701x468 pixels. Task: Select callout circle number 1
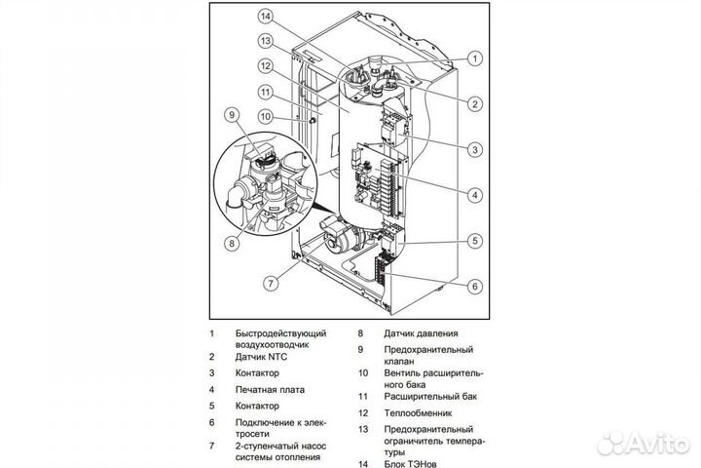(475, 58)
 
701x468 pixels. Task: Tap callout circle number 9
(231, 115)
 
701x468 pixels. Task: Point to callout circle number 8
(232, 242)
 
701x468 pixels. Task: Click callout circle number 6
(475, 286)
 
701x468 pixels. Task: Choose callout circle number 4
(475, 194)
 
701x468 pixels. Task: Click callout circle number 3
(475, 149)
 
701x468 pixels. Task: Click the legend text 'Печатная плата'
(270, 389)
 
